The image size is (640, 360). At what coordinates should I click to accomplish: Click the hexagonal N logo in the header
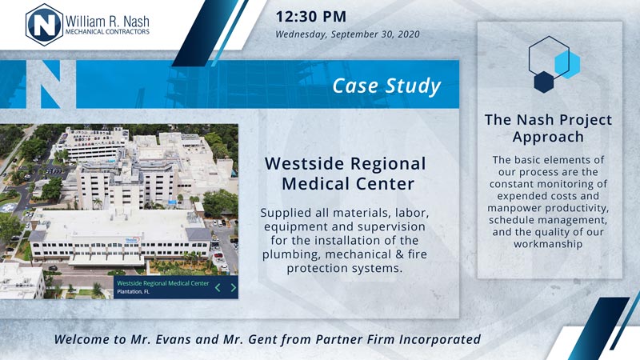tap(45, 25)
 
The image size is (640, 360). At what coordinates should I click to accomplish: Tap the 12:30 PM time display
tap(311, 17)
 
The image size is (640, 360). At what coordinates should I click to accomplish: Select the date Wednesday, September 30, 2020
tap(347, 34)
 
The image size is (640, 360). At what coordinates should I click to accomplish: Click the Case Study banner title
tap(386, 86)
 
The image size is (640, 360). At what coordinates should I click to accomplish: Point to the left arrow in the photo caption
tap(218, 288)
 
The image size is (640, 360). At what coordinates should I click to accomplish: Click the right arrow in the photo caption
tap(233, 288)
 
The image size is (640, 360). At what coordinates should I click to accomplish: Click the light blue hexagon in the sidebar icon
tap(568, 65)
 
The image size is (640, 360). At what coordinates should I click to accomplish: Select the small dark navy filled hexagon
tap(544, 82)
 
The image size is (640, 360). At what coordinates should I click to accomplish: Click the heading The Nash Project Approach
tap(548, 128)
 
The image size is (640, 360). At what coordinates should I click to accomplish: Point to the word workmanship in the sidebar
tap(548, 244)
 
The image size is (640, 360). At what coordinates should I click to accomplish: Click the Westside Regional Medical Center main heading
tap(346, 174)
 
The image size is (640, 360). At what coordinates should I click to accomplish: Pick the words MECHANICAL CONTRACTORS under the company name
tap(107, 31)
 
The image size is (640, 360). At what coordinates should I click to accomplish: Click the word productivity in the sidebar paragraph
tap(577, 208)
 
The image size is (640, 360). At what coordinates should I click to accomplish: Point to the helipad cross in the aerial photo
tap(7, 207)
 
